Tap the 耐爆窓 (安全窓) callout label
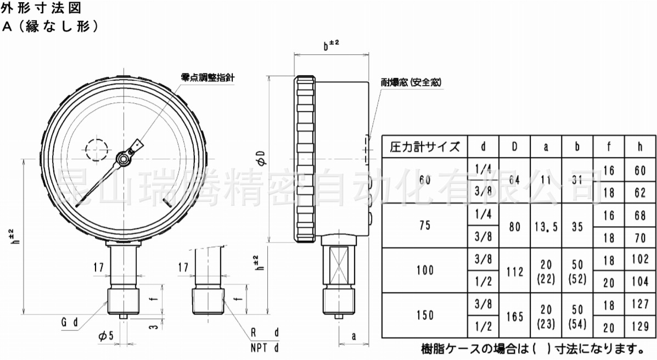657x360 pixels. (x=411, y=82)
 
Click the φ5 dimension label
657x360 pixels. (x=106, y=336)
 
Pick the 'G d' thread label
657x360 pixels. (x=70, y=322)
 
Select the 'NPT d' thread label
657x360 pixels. (x=265, y=347)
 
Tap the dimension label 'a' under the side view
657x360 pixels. (x=353, y=336)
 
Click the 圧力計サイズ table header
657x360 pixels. (x=424, y=147)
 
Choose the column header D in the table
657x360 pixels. (x=514, y=147)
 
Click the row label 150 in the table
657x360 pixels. (x=424, y=315)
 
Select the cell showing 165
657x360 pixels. (x=514, y=316)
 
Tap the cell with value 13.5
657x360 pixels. (x=546, y=227)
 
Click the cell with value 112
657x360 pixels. (x=514, y=271)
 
